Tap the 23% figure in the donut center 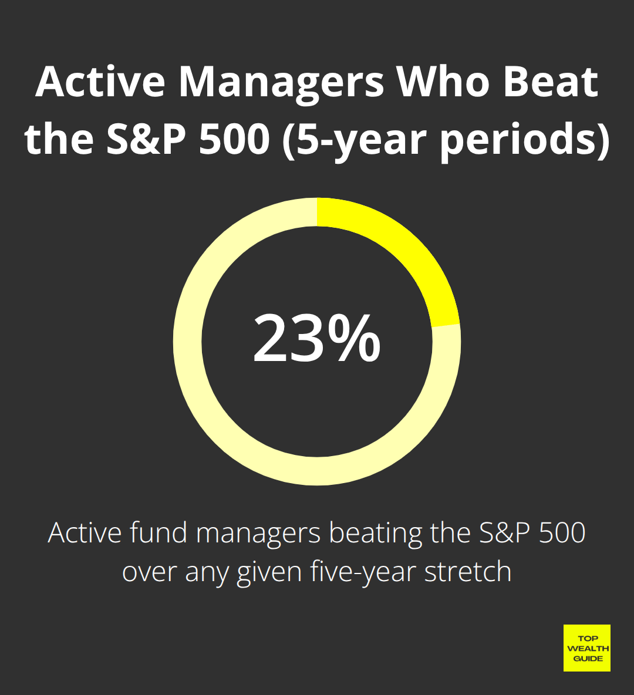click(317, 339)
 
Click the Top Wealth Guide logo click(586, 648)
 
